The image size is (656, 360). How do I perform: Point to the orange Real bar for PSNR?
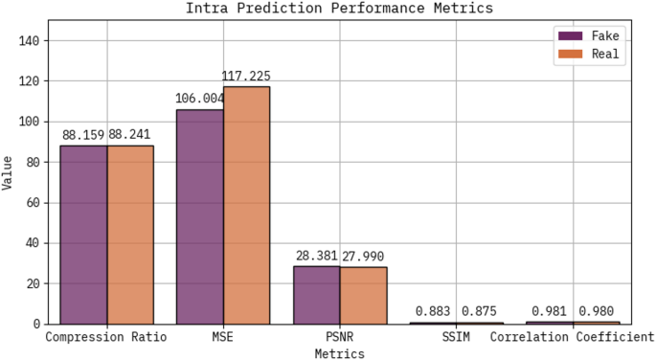363,296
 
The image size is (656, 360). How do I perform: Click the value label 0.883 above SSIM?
433,310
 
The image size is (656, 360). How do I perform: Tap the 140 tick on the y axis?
29,40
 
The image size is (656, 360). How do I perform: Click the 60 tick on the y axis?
33,202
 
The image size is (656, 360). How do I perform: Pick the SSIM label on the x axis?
456,338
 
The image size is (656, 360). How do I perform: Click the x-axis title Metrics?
339,353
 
